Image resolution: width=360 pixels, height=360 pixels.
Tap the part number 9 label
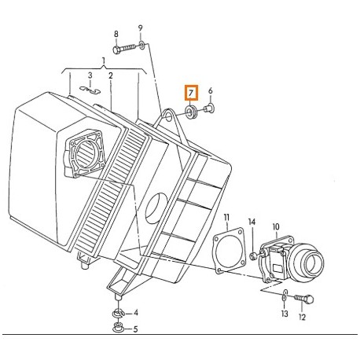click(x=141, y=29)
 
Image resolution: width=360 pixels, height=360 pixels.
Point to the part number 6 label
click(x=210, y=91)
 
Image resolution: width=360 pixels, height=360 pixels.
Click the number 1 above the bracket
click(x=102, y=61)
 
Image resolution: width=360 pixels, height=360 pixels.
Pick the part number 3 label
click(x=90, y=75)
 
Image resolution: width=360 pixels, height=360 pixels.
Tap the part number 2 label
click(x=111, y=75)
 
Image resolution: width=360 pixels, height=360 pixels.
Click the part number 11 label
click(x=226, y=217)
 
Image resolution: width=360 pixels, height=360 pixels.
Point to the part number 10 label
click(x=276, y=228)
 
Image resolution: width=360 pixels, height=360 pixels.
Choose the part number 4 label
click(x=135, y=314)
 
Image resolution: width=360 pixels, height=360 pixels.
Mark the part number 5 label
click(x=135, y=329)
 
